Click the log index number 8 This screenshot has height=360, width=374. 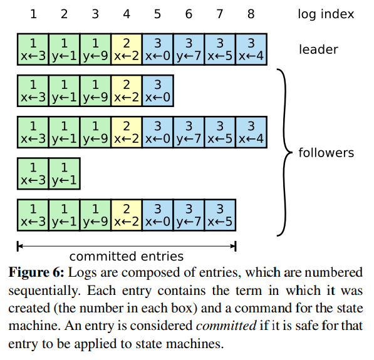[x=251, y=14]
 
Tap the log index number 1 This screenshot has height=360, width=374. [x=33, y=14]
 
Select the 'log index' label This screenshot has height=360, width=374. [x=325, y=14]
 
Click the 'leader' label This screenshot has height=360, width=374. [x=318, y=49]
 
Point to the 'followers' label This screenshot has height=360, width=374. [x=326, y=153]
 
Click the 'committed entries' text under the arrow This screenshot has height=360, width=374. [x=127, y=256]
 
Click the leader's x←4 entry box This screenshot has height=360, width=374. [x=251, y=49]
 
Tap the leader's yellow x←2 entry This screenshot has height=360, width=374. [x=127, y=49]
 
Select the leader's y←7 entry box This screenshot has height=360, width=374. [x=189, y=49]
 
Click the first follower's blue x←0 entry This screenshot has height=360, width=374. [x=158, y=91]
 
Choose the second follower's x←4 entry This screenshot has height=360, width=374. [x=251, y=132]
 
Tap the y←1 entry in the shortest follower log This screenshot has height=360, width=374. [x=64, y=173]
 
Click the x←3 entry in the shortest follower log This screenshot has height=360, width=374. [x=33, y=173]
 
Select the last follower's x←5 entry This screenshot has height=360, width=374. [x=220, y=215]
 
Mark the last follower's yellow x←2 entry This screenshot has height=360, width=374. [x=127, y=215]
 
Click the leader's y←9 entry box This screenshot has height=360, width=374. [x=95, y=49]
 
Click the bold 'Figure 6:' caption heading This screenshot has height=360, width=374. [x=36, y=273]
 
